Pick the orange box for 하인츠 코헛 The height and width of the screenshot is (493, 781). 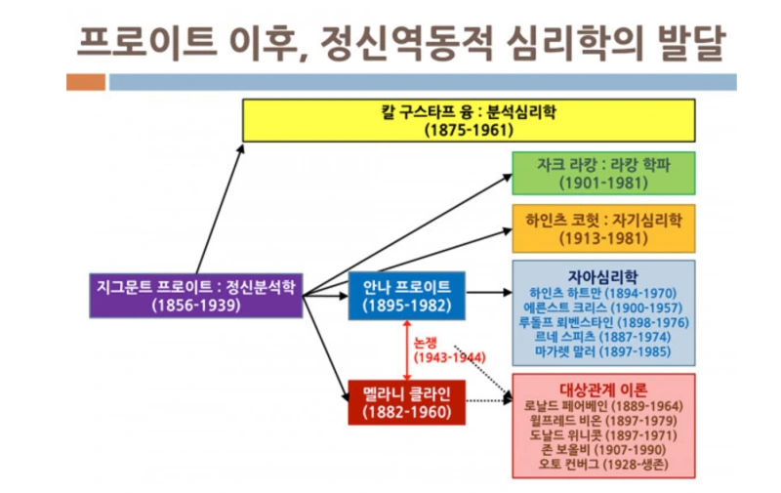(602, 227)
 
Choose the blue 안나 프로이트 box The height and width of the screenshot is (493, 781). (406, 295)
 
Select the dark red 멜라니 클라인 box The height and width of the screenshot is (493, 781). (406, 401)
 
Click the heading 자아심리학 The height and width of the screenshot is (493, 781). (602, 274)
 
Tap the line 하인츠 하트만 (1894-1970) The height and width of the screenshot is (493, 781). (602, 292)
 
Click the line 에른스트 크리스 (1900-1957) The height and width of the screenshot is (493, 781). (602, 307)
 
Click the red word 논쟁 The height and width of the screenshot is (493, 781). (430, 343)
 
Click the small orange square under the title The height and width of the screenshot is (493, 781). (86, 83)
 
